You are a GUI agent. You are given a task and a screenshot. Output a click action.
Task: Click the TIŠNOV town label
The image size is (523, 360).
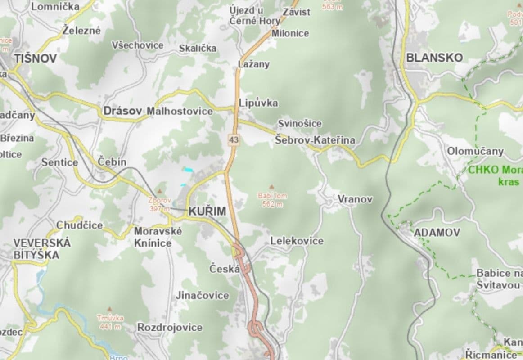pyautogui.click(x=35, y=58)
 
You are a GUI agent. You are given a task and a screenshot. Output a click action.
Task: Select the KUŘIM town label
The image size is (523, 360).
pyautogui.click(x=207, y=211)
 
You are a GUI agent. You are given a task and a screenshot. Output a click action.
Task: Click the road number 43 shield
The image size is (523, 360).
pyautogui.click(x=233, y=140)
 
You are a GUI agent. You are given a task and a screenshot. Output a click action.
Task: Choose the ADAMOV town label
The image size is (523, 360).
pyautogui.click(x=437, y=233)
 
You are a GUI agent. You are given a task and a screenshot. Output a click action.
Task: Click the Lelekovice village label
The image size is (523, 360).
pyautogui.click(x=297, y=241)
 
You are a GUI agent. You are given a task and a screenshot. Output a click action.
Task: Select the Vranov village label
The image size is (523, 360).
pyautogui.click(x=355, y=198)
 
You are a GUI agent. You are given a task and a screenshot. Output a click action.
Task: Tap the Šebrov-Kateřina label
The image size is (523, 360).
pyautogui.click(x=315, y=140)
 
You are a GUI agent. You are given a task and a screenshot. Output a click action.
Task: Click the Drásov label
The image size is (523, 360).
pyautogui.click(x=123, y=111)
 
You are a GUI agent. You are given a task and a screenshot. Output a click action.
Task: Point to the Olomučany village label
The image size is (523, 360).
pyautogui.click(x=475, y=151)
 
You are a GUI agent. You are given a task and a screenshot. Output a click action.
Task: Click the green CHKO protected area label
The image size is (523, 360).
pyautogui.click(x=495, y=176)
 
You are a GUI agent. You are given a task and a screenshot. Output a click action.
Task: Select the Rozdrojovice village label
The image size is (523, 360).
pyautogui.click(x=170, y=327)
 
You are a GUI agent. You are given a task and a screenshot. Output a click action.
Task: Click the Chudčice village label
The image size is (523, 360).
pyautogui.click(x=80, y=225)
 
